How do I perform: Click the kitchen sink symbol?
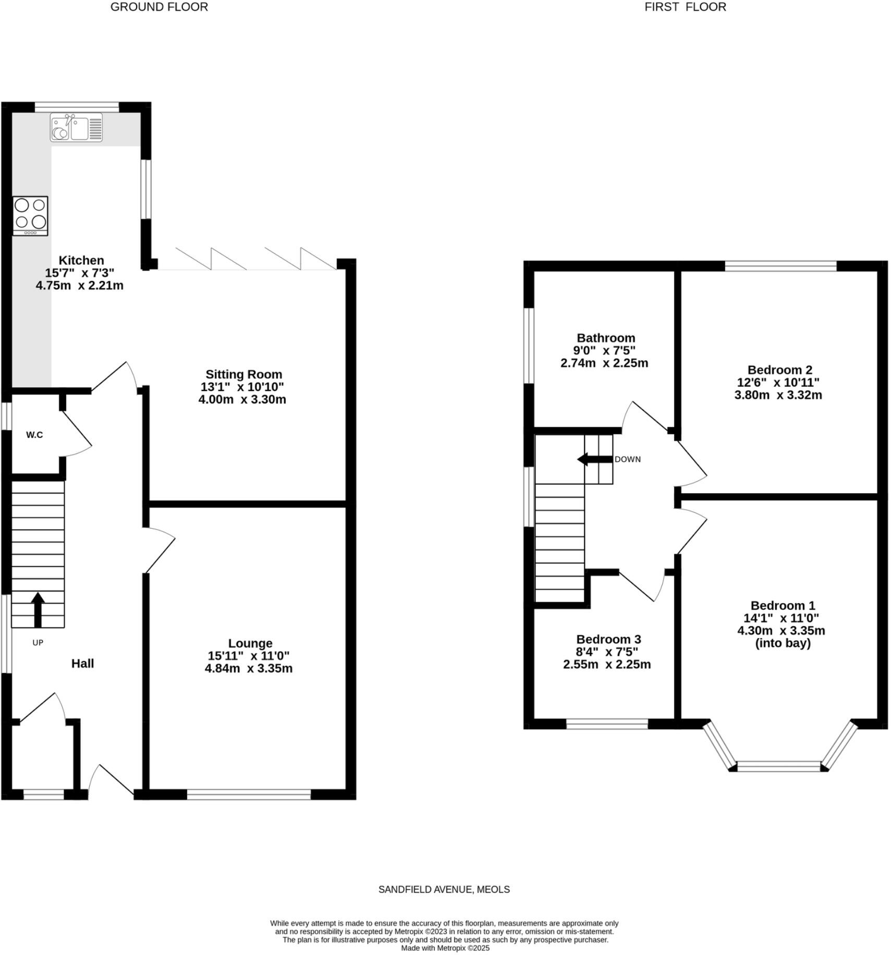point(76,128)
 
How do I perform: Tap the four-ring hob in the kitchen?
point(30,215)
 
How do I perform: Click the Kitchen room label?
point(81,260)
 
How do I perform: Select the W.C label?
point(34,435)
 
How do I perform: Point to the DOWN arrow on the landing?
point(594,459)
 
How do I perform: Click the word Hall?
point(82,663)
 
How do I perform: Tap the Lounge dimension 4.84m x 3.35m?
point(248,668)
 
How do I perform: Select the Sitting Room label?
point(243,374)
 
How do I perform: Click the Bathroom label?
point(605,338)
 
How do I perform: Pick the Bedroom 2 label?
point(779,370)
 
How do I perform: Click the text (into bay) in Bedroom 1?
point(783,643)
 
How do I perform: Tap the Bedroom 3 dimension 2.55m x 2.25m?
point(606,664)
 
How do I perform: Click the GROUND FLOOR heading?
point(159,7)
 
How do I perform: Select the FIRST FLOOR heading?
point(685,7)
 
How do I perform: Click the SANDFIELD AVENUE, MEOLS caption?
point(444,889)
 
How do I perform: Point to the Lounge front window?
point(249,794)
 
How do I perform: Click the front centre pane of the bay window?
point(778,766)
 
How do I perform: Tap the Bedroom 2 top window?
point(780,266)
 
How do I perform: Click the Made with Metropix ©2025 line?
point(445,948)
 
